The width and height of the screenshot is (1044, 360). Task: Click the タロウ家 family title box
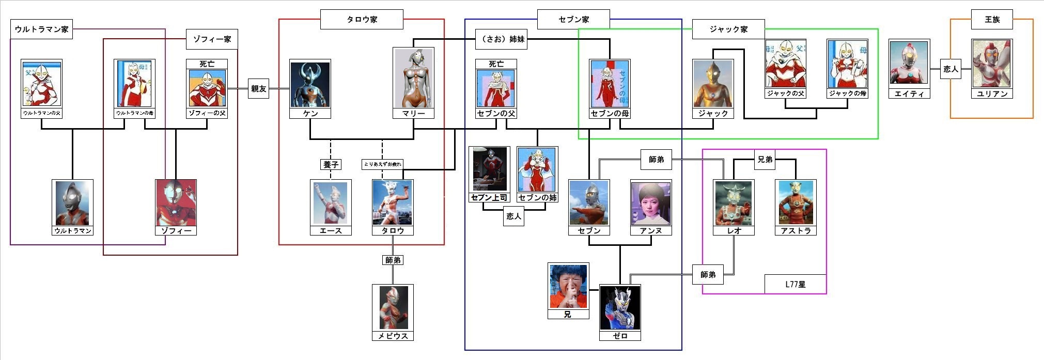tap(362, 20)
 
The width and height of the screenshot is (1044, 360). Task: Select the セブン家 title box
tap(573, 20)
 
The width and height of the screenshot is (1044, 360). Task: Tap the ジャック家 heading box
tap(728, 29)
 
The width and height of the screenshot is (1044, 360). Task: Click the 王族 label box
tap(992, 20)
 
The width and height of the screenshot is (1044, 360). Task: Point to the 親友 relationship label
tap(258, 89)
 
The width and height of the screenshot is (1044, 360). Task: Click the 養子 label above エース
tap(331, 164)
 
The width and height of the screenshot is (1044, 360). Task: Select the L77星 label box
tap(795, 284)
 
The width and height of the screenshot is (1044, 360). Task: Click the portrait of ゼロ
tap(620, 308)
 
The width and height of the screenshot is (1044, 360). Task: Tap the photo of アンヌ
tap(651, 203)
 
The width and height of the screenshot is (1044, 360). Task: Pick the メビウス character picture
tap(393, 308)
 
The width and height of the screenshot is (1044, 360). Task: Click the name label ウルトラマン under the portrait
tap(73, 230)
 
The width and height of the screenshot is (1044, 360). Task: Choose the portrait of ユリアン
tap(992, 64)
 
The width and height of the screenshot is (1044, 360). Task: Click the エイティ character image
tap(909, 64)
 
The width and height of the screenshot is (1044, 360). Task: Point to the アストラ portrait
tap(796, 203)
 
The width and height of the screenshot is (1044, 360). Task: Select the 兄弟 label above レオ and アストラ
tap(765, 160)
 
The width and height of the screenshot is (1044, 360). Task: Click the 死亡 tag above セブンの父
tap(496, 64)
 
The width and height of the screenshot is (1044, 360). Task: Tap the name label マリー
tap(413, 113)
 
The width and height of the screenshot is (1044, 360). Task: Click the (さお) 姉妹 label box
tap(502, 39)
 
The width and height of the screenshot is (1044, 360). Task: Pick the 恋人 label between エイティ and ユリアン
tap(950, 69)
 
